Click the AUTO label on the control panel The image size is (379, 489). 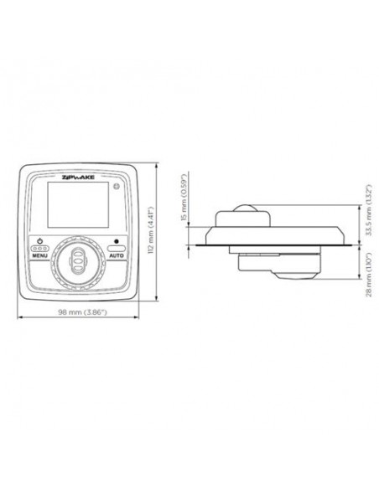(117, 255)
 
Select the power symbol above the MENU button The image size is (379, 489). (39, 239)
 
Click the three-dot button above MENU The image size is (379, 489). (39, 248)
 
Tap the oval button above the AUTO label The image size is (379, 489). (117, 248)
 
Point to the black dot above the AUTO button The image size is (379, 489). (117, 240)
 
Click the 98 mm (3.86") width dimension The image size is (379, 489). (80, 311)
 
